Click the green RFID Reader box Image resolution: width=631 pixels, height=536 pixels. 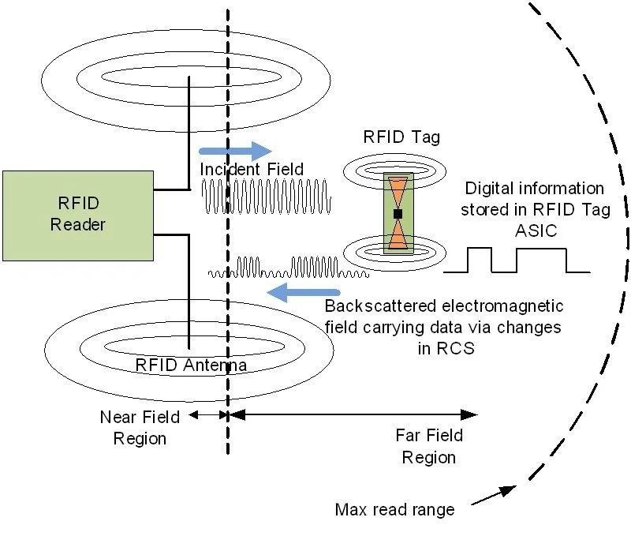click(77, 214)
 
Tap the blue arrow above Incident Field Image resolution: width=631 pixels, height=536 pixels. click(235, 150)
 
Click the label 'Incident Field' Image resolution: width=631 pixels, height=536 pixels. click(252, 170)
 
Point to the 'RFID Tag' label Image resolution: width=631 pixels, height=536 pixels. click(401, 137)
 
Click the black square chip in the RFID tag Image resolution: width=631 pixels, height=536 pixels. click(398, 214)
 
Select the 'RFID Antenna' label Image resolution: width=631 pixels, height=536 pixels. click(192, 365)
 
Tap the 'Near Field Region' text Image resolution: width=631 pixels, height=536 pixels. click(140, 427)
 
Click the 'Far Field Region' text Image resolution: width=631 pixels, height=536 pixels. click(428, 446)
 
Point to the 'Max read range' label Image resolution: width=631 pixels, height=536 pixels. click(394, 509)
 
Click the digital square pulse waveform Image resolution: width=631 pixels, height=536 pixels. click(517, 261)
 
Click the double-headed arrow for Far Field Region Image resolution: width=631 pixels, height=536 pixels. click(355, 414)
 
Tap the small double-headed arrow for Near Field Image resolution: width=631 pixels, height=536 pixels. click(207, 414)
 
